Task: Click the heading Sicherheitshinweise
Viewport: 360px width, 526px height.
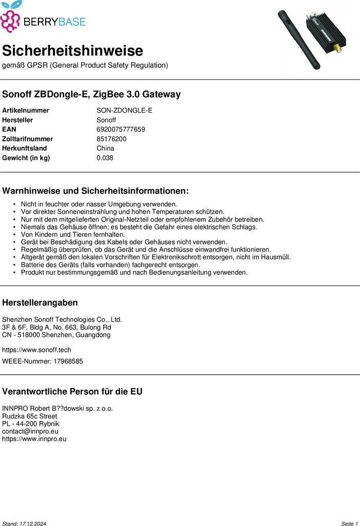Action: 72,51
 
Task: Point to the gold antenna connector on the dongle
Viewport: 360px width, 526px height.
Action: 338,49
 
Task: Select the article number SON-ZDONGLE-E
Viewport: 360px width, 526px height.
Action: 124,110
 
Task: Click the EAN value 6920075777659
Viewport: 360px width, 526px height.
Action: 121,129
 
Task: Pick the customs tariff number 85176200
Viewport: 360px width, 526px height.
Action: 111,139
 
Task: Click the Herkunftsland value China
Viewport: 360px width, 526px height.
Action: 105,148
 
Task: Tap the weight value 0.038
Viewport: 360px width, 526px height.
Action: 105,158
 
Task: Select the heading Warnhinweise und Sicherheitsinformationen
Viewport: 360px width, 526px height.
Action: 96,191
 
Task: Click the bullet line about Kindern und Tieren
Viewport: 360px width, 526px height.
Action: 72,234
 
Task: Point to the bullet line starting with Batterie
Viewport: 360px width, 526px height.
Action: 110,265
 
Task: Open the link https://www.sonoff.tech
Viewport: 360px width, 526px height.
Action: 36,350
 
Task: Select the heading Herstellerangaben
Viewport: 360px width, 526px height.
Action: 40,303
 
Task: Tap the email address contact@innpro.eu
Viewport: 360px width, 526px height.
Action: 30,431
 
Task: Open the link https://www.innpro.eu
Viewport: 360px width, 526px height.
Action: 34,439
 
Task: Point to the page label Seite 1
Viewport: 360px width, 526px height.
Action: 349,523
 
